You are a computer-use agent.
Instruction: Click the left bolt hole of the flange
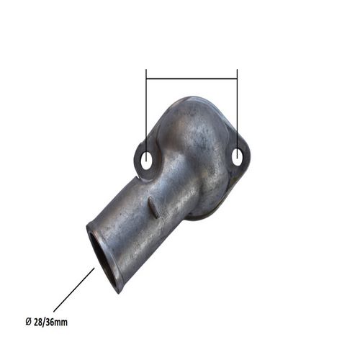145,161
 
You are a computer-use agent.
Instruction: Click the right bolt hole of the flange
237,157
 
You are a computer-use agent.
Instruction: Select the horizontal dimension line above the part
192,78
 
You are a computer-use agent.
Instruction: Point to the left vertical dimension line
146,115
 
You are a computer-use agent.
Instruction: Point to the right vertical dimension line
237,114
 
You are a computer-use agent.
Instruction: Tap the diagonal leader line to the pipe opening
74,289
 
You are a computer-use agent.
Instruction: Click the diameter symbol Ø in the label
28,322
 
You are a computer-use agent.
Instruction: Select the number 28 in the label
37,322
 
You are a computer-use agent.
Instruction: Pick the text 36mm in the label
56,322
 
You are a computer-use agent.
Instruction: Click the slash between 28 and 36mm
43,322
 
